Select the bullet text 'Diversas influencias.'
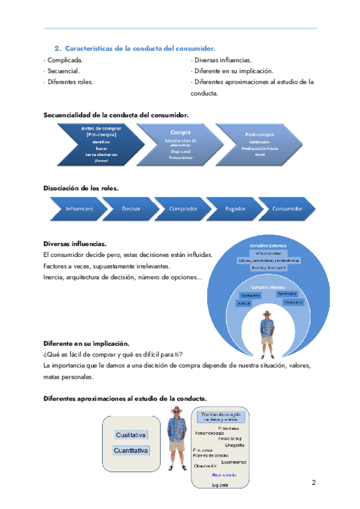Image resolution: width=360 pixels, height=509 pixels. pyautogui.click(x=223, y=60)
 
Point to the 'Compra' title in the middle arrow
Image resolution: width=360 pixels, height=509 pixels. pyautogui.click(x=181, y=131)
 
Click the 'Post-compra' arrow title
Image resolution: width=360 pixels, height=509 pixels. pyautogui.click(x=260, y=134)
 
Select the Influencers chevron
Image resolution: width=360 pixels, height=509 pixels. pyautogui.click(x=79, y=209)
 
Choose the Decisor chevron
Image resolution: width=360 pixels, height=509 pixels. pyautogui.click(x=131, y=209)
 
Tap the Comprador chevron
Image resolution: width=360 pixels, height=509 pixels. pyautogui.click(x=183, y=209)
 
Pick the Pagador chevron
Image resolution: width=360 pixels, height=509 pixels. pyautogui.click(x=235, y=209)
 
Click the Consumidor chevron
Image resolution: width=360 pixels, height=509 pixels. pyautogui.click(x=287, y=209)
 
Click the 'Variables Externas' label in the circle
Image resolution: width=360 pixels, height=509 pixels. pyautogui.click(x=268, y=245)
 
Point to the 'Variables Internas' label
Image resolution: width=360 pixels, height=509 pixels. pyautogui.click(x=269, y=288)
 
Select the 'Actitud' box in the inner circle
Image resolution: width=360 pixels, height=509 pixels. pyautogui.click(x=244, y=304)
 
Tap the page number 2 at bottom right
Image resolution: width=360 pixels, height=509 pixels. pyautogui.click(x=314, y=482)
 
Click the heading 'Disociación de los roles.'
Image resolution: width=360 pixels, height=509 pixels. pyautogui.click(x=81, y=188)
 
